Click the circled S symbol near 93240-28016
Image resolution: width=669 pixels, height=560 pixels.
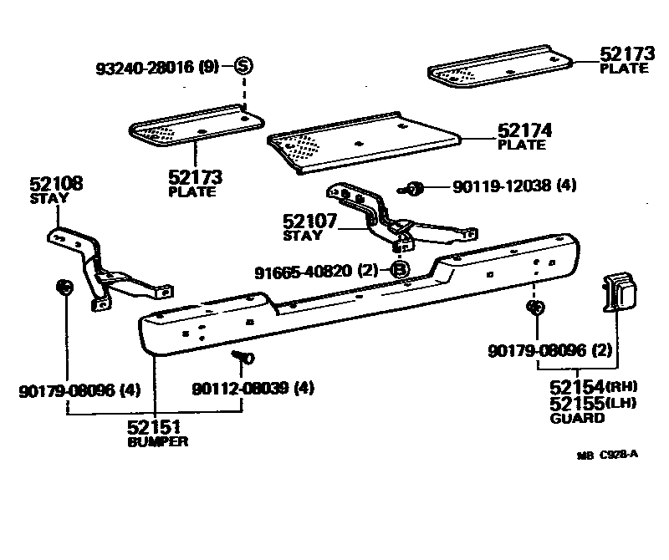(243, 66)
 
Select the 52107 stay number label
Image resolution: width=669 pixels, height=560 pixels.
(309, 222)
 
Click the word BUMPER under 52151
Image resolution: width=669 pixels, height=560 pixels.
(158, 441)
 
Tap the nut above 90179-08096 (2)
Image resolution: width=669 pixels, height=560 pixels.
(535, 308)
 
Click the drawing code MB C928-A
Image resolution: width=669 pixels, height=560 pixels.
(607, 456)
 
